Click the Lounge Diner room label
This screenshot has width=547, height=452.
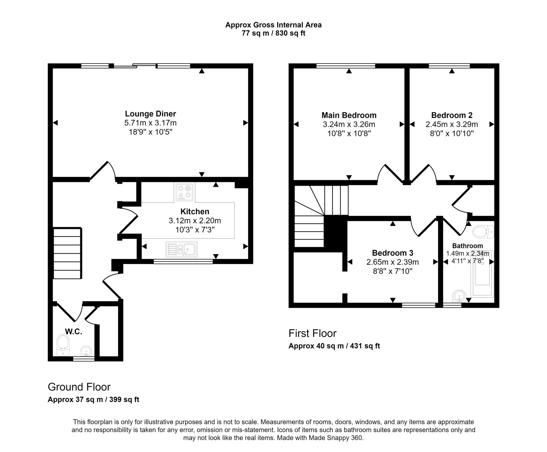coord(150,114)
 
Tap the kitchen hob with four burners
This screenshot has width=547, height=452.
coord(185,192)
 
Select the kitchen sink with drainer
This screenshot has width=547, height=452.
coord(181,249)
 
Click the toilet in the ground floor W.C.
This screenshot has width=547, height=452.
coord(63,345)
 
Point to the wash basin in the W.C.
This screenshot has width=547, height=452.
coord(86,351)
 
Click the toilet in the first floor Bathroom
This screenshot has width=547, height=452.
coord(483,232)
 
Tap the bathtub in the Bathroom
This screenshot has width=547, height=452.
coord(483,274)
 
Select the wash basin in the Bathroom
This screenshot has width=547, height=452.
coord(459,296)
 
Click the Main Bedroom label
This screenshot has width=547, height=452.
coord(349,115)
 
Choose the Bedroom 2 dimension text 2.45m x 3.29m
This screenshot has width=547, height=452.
coord(452,124)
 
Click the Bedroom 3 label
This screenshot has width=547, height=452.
coord(393,253)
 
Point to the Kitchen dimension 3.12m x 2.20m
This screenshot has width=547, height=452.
coord(195,221)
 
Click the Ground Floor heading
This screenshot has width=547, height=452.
coord(79,387)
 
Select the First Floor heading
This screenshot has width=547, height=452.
coord(312,333)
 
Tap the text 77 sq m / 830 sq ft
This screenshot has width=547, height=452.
coord(273,33)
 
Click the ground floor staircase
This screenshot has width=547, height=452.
coord(68,253)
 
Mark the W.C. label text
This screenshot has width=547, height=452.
coord(73,332)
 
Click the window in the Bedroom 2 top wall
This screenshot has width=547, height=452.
coord(449,66)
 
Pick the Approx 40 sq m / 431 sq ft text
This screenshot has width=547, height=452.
coord(334,346)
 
